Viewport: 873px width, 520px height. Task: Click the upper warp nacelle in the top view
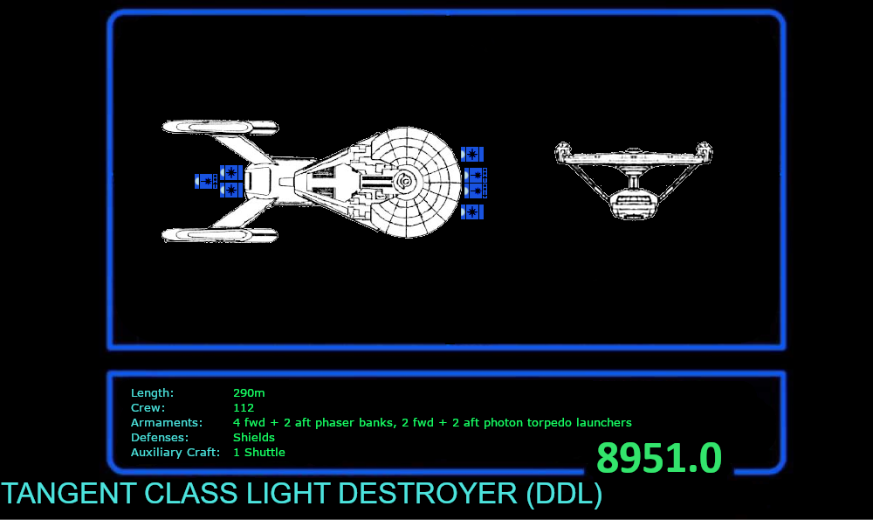click(218, 128)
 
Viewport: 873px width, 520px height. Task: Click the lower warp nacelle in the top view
click(218, 234)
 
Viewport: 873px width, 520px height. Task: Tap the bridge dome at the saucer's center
click(406, 182)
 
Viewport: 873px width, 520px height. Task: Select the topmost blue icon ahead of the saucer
click(471, 155)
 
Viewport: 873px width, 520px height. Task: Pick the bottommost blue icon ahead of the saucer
click(471, 211)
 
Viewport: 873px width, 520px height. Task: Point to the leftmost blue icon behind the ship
click(205, 181)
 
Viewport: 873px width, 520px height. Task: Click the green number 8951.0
click(659, 459)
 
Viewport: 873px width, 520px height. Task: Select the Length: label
click(153, 393)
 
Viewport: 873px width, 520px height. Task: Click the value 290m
click(249, 393)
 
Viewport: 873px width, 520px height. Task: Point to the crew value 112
click(244, 408)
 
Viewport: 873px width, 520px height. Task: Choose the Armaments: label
click(167, 423)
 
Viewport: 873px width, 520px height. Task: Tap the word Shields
click(254, 438)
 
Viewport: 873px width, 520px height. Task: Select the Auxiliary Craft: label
click(175, 453)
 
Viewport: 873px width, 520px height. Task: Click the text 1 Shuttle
click(259, 453)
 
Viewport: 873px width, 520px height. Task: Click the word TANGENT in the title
click(68, 494)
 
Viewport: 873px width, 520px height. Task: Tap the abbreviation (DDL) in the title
click(564, 494)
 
